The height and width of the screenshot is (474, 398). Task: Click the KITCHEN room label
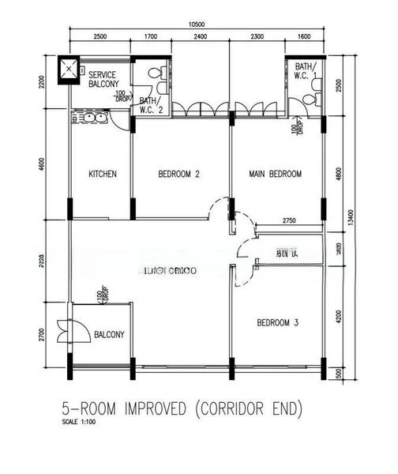103,174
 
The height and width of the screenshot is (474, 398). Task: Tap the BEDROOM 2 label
178,174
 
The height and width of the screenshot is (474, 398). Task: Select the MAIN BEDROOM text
275,174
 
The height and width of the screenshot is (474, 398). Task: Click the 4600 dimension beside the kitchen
53,167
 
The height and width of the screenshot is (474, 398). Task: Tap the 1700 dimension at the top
152,37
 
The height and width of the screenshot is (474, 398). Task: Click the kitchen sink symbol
89,118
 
